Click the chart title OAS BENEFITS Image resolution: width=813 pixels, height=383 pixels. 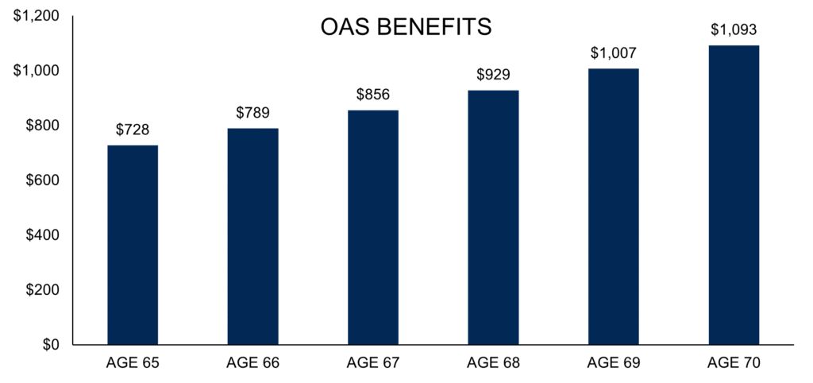(x=406, y=27)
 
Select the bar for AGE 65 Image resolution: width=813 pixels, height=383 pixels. (x=133, y=245)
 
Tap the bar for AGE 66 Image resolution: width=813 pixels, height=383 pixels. (x=253, y=237)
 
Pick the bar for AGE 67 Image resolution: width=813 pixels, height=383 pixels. (x=373, y=227)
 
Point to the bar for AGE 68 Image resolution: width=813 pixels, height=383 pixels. (x=494, y=218)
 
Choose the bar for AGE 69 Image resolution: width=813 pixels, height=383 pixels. (x=614, y=207)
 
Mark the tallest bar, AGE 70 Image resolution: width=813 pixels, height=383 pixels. (x=734, y=195)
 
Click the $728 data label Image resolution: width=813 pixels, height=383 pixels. (x=133, y=130)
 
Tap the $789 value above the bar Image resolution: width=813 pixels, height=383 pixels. (x=253, y=113)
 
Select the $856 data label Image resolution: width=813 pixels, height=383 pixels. (x=373, y=95)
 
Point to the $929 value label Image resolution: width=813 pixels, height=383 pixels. (x=494, y=75)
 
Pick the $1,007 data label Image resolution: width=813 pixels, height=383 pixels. (x=614, y=53)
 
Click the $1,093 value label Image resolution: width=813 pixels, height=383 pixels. (x=734, y=29)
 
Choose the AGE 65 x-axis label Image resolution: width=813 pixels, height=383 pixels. (x=133, y=363)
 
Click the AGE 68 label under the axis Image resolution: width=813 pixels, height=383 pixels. (x=494, y=363)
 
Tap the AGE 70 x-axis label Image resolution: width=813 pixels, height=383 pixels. (x=734, y=363)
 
